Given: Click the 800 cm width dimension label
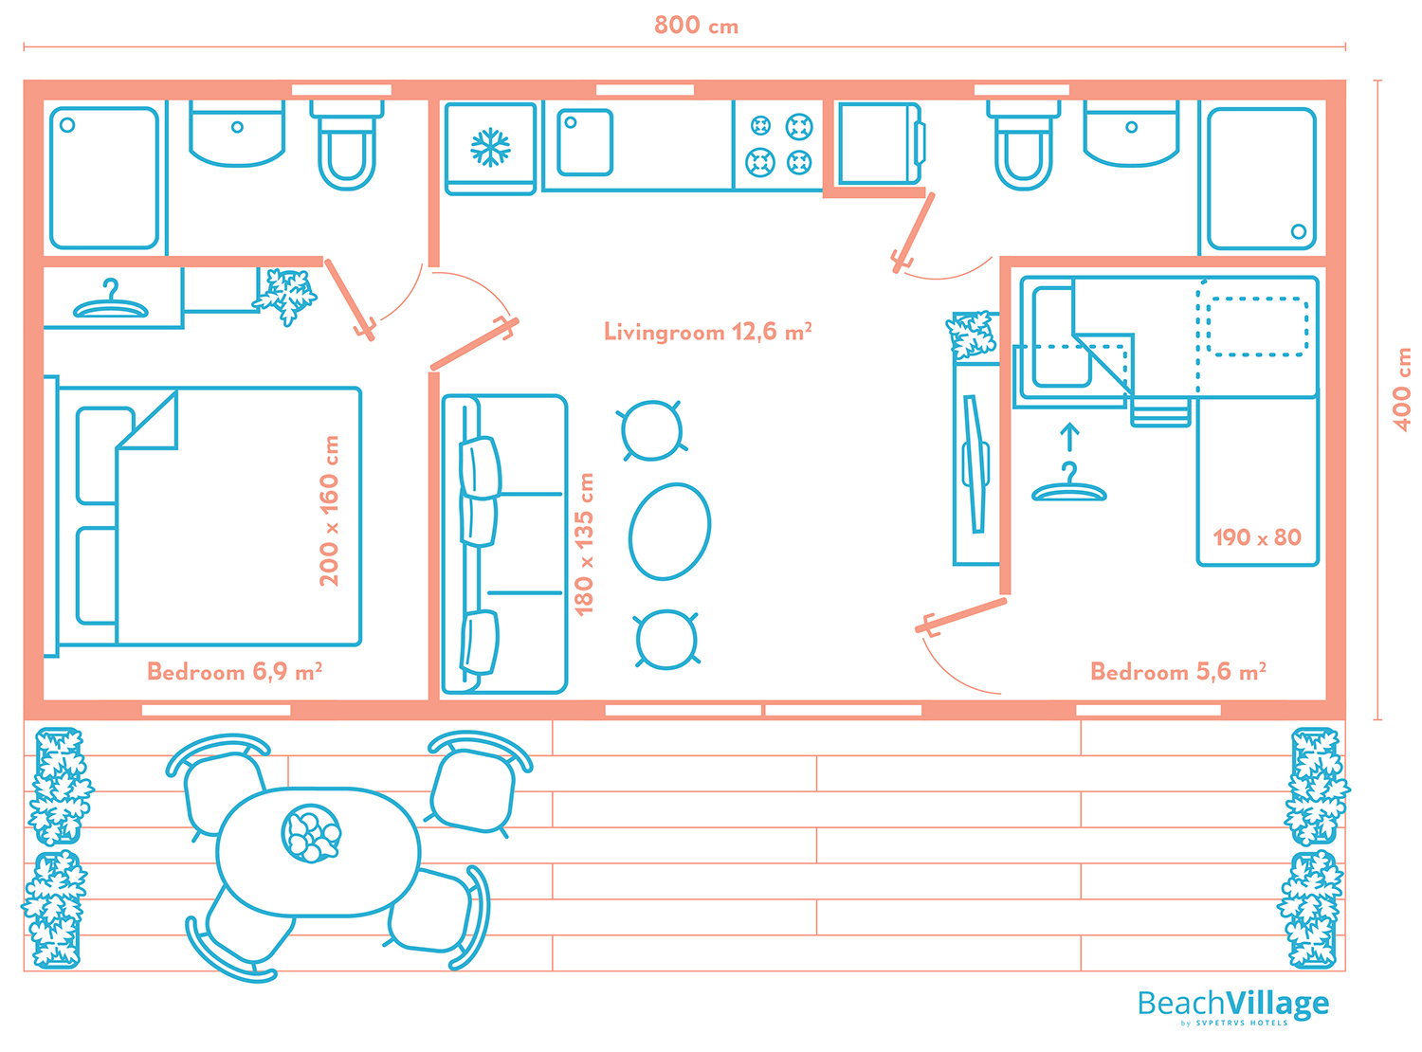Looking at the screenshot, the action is [696, 26].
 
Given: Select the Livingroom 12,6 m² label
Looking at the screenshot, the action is [707, 332].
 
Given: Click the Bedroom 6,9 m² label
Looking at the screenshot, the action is [234, 671].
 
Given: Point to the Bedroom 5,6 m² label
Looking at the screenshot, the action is [1177, 671].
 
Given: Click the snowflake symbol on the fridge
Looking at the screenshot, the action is [490, 148].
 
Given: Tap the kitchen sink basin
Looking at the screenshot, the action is [584, 142].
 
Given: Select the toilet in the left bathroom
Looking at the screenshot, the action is [346, 146].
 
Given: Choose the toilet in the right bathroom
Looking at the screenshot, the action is [1023, 146].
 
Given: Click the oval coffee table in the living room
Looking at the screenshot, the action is [668, 532].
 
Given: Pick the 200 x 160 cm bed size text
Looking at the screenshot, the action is [329, 511].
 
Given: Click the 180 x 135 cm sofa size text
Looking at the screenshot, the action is [583, 544].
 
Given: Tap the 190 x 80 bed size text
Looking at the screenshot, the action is [1257, 537].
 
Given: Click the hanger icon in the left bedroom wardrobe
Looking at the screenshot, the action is [110, 300].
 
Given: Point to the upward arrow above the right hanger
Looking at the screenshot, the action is [1068, 438].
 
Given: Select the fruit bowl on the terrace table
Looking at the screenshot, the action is [311, 833].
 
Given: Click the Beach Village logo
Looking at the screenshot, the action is [1232, 1006].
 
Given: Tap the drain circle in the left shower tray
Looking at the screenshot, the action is [67, 125].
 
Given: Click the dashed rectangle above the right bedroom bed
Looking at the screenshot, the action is [1257, 327].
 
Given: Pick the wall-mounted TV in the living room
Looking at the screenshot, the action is [975, 463].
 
